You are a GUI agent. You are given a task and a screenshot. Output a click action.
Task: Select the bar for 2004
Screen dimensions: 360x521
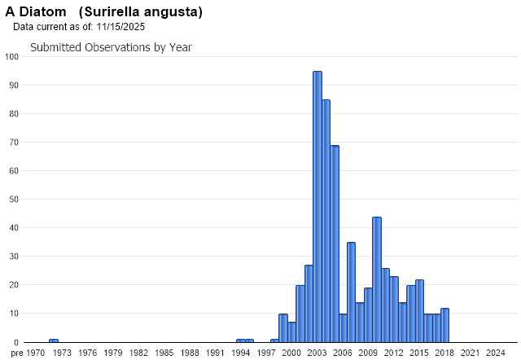tap(326, 221)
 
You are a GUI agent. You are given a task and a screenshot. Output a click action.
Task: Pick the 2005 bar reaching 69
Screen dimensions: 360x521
tap(335, 244)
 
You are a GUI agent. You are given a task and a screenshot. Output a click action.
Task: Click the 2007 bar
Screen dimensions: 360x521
tap(351, 292)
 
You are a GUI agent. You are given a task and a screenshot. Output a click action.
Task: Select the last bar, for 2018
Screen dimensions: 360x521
tap(444, 326)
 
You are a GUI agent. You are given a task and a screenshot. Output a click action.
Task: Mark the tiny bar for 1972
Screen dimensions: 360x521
tap(53, 340)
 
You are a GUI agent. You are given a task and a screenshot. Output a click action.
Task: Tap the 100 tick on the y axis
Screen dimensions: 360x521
tap(11, 57)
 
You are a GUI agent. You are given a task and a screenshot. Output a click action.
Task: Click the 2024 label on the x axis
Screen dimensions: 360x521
tap(495, 353)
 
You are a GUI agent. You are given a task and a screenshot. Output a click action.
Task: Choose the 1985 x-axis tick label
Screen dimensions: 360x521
tap(164, 353)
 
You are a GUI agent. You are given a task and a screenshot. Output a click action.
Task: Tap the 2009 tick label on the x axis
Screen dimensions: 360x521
tap(368, 353)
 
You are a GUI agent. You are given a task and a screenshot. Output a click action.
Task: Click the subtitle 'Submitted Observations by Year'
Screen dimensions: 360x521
tap(111, 47)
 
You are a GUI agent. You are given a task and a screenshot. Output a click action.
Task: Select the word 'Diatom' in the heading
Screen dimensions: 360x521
tap(41, 12)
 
